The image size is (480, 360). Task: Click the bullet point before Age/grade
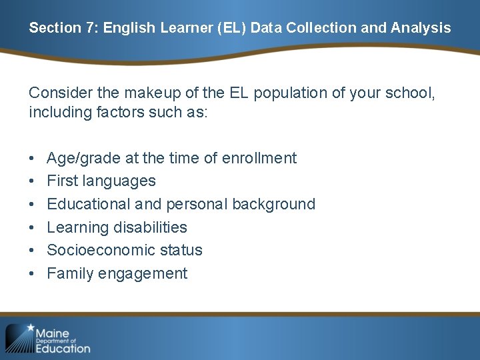[32, 159]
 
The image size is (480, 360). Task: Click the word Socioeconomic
[99, 250]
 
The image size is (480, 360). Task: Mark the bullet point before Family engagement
[32, 274]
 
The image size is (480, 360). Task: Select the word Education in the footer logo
[63, 348]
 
